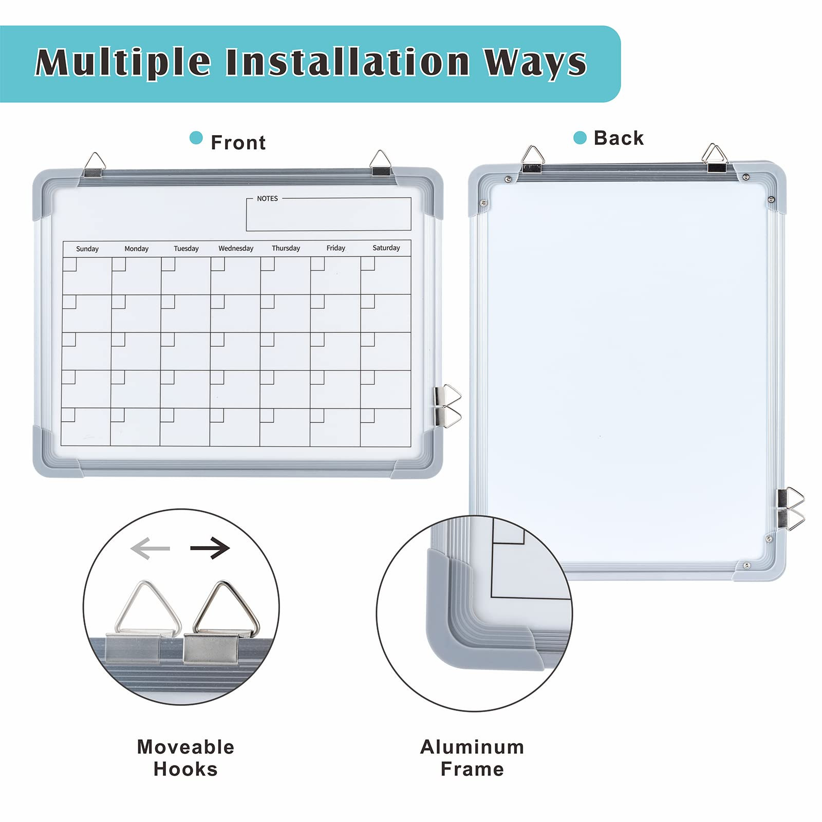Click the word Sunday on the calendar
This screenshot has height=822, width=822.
87,249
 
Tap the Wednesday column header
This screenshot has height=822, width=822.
236,248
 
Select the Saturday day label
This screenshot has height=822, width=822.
386,248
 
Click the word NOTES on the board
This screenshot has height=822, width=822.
267,198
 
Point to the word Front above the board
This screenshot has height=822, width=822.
238,142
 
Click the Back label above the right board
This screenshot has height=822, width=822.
619,138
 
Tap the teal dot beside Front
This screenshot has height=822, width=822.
196,138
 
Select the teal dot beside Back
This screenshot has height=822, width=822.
580,138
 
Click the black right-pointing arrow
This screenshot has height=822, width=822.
210,548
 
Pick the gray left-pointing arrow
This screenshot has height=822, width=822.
150,549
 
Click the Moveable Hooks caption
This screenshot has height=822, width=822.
185,758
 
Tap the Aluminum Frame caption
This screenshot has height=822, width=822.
472,758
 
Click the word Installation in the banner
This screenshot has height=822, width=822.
348,62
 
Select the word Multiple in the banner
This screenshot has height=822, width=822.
123,63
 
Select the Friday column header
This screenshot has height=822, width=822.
336,248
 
